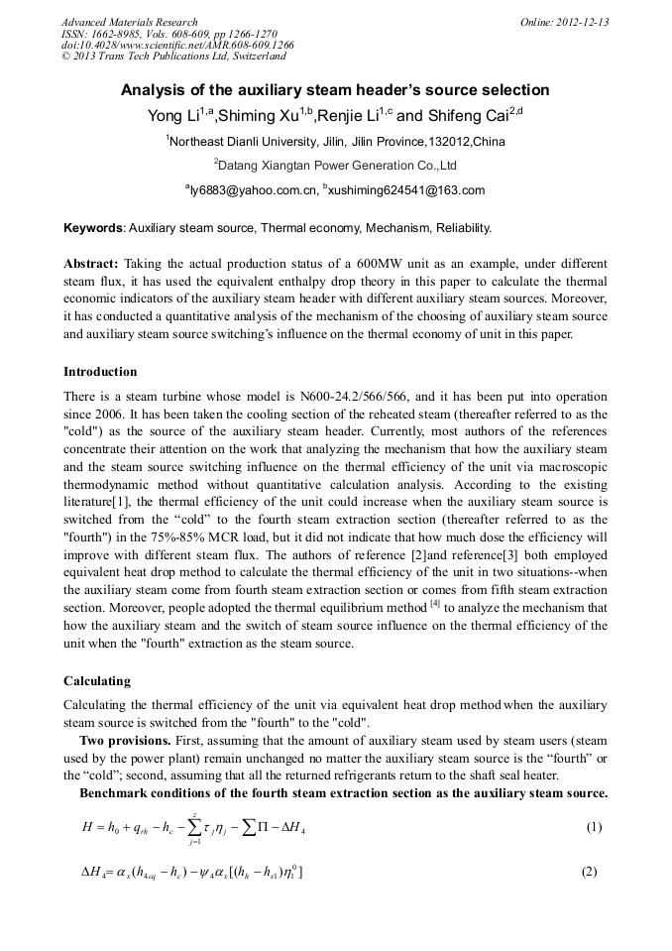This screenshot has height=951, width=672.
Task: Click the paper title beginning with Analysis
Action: tap(335, 90)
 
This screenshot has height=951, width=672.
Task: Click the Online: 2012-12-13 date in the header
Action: tap(565, 22)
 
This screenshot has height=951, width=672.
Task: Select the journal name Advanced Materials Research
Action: tap(129, 22)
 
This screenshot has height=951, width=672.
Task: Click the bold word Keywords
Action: tap(93, 228)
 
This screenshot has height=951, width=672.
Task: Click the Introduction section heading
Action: tap(100, 372)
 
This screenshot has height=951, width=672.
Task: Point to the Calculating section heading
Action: tap(98, 681)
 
